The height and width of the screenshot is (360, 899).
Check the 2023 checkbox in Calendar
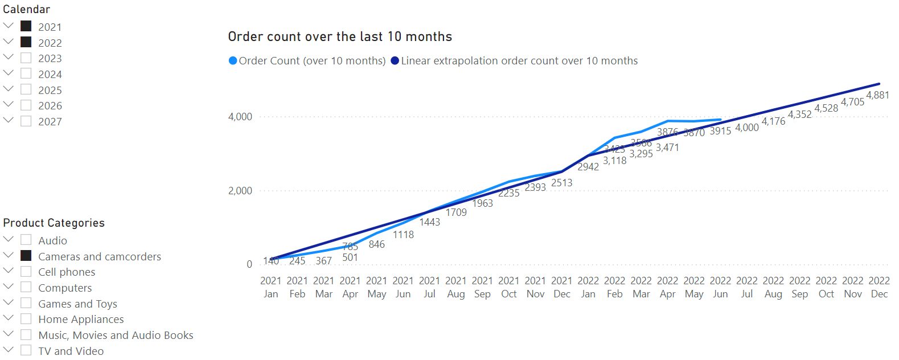coord(26,58)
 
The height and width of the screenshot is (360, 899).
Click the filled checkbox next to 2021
coord(26,26)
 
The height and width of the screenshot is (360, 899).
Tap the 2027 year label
coord(50,121)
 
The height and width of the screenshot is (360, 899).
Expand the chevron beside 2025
coord(8,89)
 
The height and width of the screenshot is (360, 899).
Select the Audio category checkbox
coord(26,240)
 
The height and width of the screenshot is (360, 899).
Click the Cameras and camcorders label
coord(100,256)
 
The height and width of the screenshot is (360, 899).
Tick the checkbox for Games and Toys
coord(26,303)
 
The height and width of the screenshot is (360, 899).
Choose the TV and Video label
coord(71,351)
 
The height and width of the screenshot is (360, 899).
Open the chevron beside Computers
coord(8,287)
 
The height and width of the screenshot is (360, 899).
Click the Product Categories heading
coord(54,223)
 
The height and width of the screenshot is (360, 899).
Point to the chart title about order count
coord(340,37)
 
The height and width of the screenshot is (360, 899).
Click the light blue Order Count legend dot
coord(233,61)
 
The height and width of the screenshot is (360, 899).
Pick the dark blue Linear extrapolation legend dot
coord(395,61)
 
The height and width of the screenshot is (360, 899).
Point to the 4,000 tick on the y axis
coord(240,117)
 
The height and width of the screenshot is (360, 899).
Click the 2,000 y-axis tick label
coord(240,191)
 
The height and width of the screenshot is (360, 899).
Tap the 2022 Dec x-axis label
coord(879,287)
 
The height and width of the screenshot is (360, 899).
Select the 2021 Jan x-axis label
coord(271,287)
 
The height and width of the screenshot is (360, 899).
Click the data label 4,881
coord(877,95)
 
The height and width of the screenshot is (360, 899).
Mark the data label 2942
coord(588,167)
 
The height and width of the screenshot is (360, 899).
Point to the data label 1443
coord(430,222)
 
